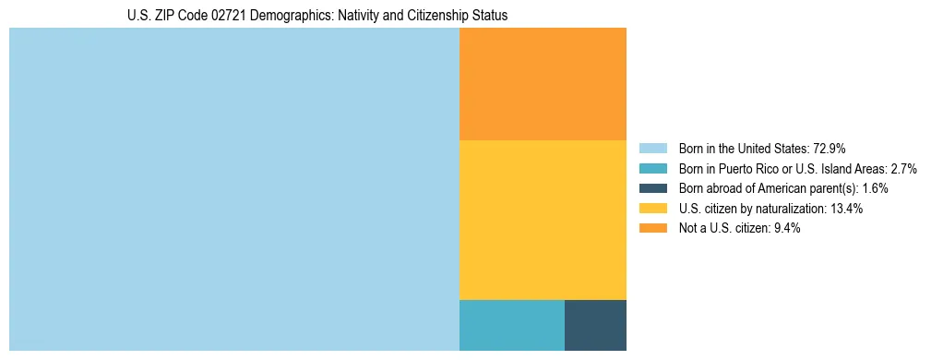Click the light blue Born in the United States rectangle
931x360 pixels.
233,189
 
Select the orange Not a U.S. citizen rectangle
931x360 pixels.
543,84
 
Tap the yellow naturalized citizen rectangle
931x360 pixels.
543,220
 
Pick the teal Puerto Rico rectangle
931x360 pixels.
511,325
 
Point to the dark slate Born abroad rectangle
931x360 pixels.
595,325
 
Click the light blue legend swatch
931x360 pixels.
652,148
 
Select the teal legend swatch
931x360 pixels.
652,168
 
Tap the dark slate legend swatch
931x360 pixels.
652,188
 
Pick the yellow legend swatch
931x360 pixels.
652,209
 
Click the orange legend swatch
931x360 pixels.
652,229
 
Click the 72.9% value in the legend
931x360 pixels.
830,148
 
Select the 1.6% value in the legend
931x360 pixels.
875,188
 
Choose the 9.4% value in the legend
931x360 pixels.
785,229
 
